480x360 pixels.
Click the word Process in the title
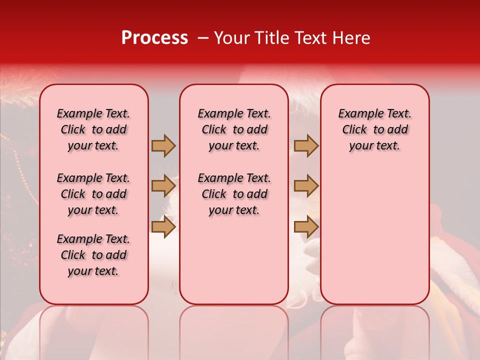[x=154, y=38]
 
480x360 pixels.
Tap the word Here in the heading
[x=352, y=38]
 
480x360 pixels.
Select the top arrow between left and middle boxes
[x=163, y=146]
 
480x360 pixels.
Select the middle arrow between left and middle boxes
[x=163, y=186]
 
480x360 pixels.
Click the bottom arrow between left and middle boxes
[x=163, y=226]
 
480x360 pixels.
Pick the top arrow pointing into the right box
[x=306, y=146]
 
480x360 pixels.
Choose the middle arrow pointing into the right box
[x=306, y=186]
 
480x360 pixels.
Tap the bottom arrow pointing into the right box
[x=306, y=226]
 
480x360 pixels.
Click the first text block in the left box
[x=93, y=129]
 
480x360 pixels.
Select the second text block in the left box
[x=93, y=194]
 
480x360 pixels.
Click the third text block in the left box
[x=93, y=255]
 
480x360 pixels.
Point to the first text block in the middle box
[x=234, y=129]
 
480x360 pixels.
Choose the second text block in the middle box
[x=234, y=194]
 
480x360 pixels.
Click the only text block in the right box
[x=375, y=129]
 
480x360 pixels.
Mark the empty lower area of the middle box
[x=234, y=260]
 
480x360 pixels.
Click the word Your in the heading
[x=232, y=38]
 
